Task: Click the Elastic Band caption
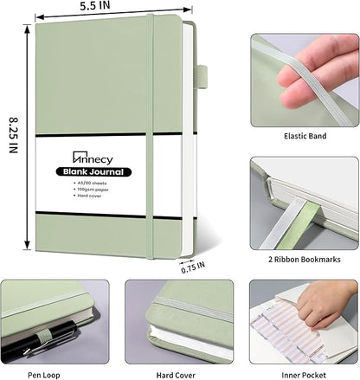coord(304,137)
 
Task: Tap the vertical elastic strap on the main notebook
coord(151,130)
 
